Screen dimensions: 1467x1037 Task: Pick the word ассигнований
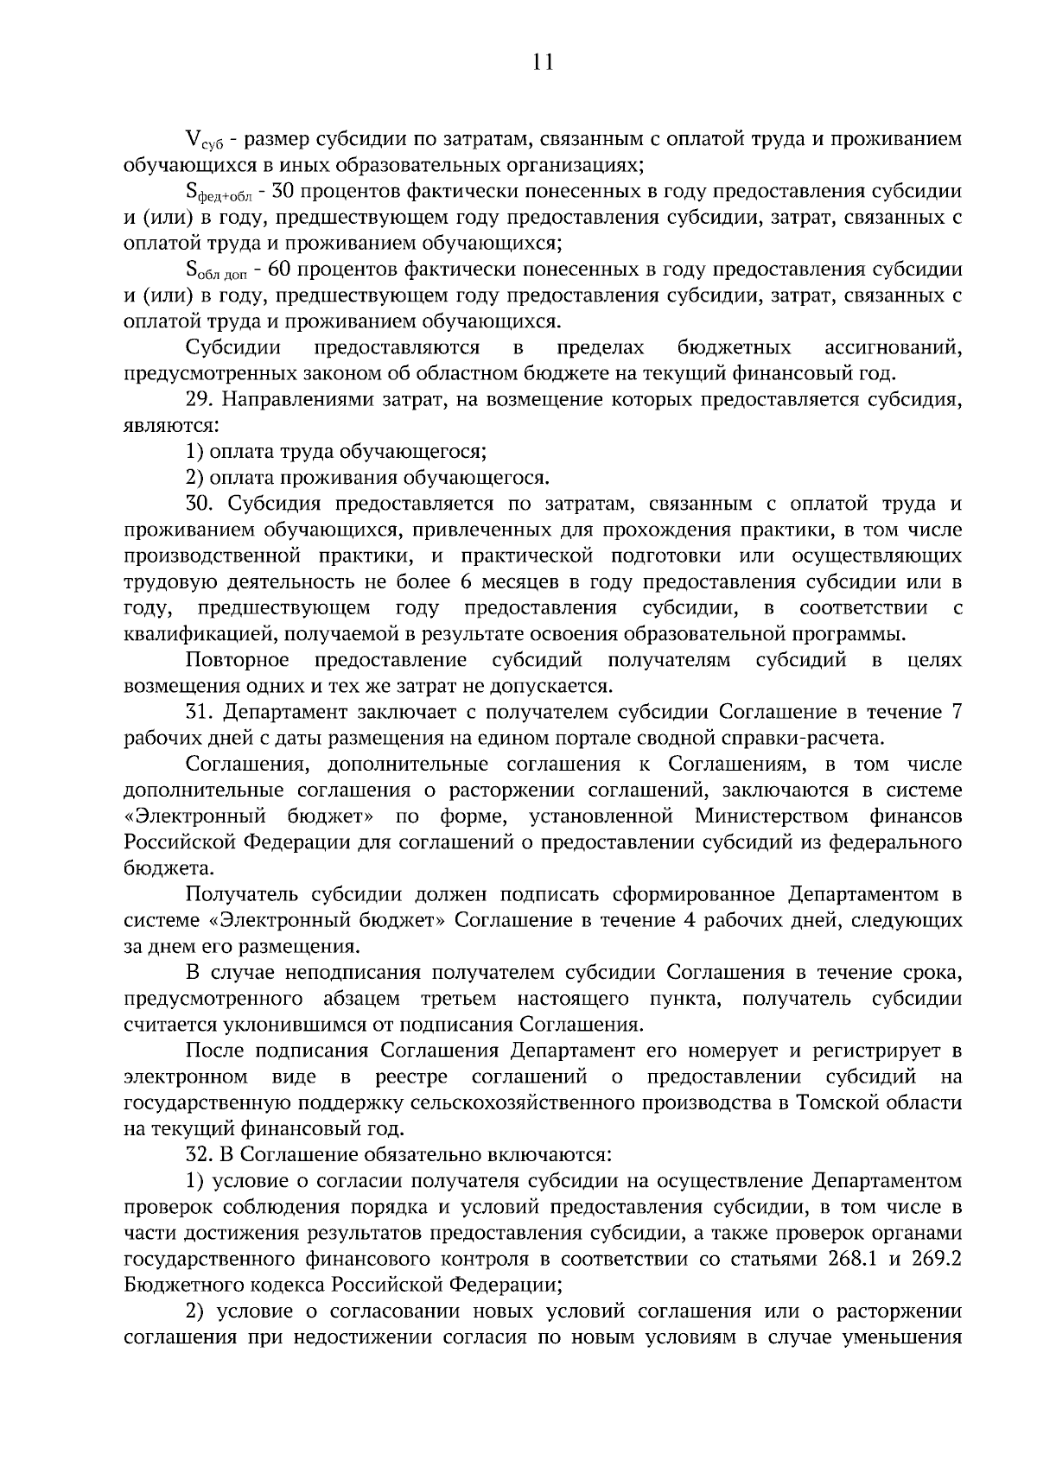point(894,348)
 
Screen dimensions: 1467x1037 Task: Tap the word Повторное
point(238,661)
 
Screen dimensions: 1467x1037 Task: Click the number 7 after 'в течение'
point(955,713)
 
